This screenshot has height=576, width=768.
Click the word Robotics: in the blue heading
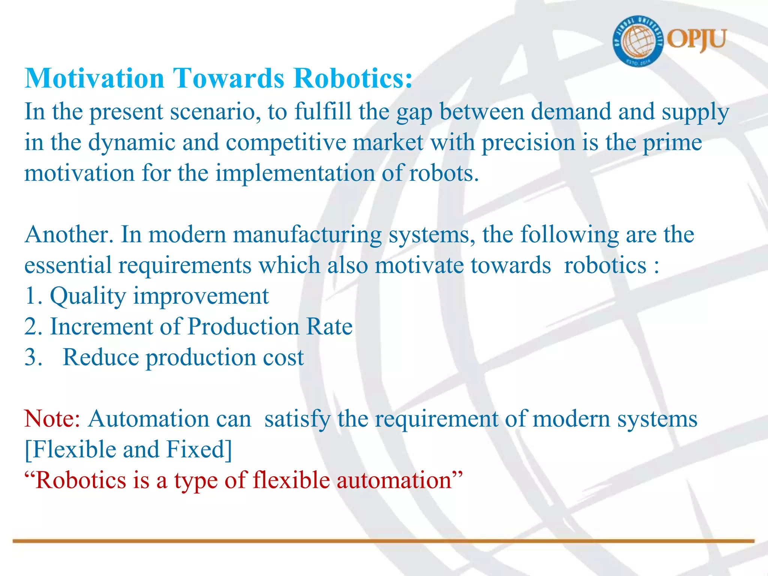click(x=352, y=78)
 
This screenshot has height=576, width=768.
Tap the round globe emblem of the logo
click(x=638, y=41)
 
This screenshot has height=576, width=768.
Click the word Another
click(x=69, y=235)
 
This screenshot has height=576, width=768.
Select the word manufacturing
click(x=307, y=235)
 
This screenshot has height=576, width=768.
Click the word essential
click(x=68, y=265)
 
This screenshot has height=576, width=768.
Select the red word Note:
click(x=52, y=418)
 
